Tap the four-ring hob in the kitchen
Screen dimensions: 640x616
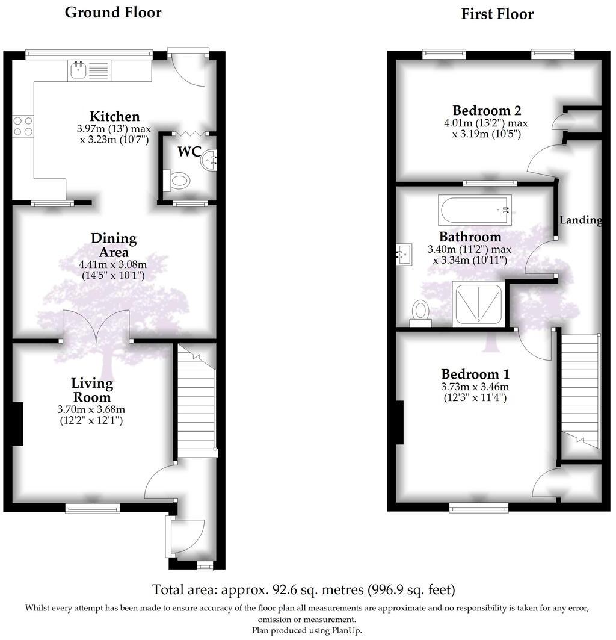(x=23, y=126)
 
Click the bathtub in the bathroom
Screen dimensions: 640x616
(x=475, y=210)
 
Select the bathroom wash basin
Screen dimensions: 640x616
(x=405, y=254)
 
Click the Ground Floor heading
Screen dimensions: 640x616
(x=113, y=13)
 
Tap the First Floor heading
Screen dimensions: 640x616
(x=497, y=14)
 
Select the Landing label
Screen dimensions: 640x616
(x=581, y=220)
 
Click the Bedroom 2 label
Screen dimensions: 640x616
(x=487, y=111)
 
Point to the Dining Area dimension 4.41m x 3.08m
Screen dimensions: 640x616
(x=113, y=264)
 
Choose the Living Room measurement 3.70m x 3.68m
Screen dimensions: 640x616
(x=92, y=410)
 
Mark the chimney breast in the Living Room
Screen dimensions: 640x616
(x=17, y=424)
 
